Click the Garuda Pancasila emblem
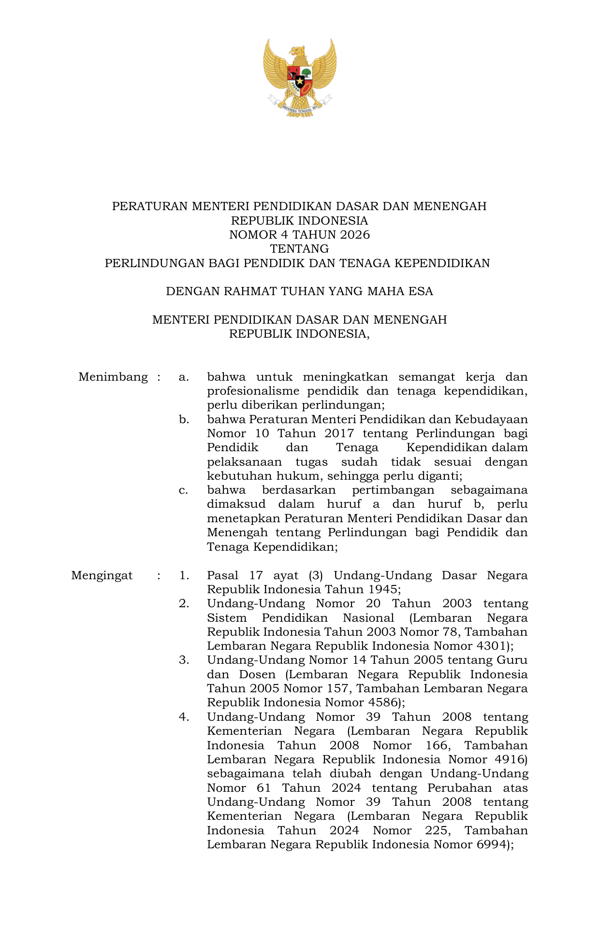300,77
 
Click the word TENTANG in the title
299,249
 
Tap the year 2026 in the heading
354,235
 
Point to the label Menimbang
113,377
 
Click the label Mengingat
102,575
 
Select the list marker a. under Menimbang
183,377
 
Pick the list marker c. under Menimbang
183,490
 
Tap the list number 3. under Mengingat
184,660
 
